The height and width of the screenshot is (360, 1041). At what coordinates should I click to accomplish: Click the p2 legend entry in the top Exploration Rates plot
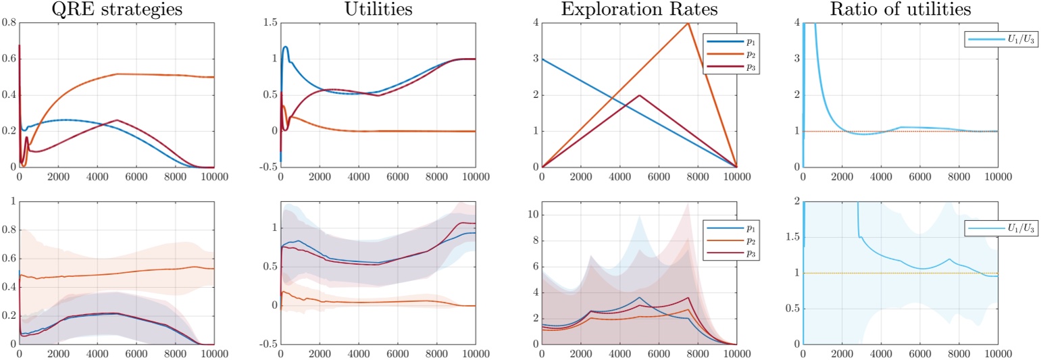coord(726,54)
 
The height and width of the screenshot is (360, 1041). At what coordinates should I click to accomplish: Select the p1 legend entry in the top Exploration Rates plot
coord(726,41)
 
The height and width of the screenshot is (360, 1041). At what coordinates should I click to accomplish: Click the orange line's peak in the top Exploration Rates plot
coord(688,23)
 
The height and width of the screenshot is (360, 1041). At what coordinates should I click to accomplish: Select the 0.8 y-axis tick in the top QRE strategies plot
coord(9,23)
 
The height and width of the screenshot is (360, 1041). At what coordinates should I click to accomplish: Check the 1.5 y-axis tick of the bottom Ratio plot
coord(792,238)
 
